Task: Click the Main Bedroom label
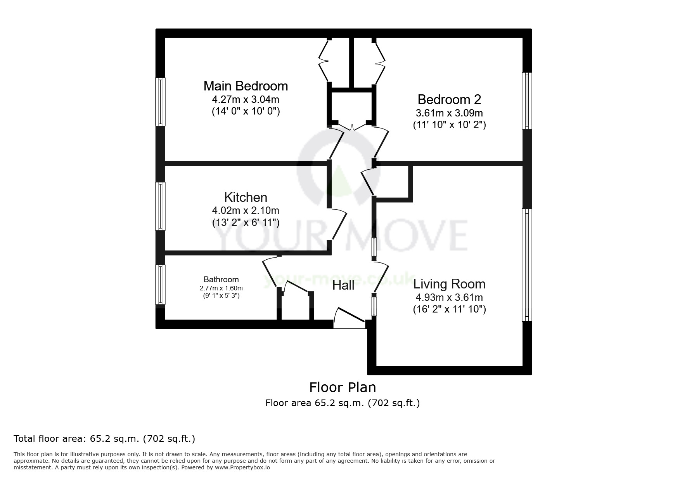pos(246,86)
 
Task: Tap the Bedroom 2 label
pos(449,100)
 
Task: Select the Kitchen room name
pos(246,197)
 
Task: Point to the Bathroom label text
pos(221,280)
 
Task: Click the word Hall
pos(343,285)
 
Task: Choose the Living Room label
pos(449,284)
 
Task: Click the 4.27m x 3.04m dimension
pos(246,99)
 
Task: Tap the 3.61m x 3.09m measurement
pos(449,113)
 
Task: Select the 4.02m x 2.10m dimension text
pos(246,210)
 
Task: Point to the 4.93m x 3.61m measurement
pos(449,298)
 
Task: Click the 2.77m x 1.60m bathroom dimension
pos(221,288)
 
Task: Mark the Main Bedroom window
pos(160,102)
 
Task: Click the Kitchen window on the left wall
pos(160,206)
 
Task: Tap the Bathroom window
pos(160,285)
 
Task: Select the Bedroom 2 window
pos(527,101)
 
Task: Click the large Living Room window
pos(527,265)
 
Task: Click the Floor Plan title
pos(343,387)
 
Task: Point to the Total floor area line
pos(104,439)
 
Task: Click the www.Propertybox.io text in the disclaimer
pos(242,468)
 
